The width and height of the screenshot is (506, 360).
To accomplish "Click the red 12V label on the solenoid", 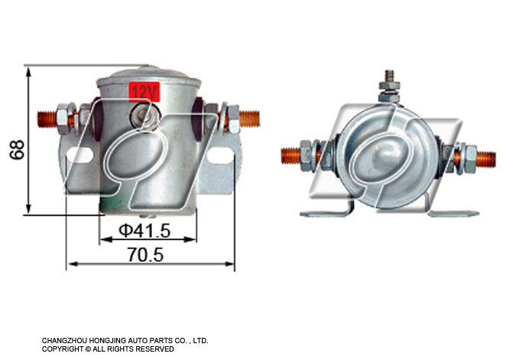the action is coord(144,92).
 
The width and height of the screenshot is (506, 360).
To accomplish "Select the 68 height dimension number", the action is coord(17,150).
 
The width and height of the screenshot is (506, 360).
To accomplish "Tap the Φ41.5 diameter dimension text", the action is coord(144,230).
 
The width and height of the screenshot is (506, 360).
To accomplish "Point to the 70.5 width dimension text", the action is coord(145,255).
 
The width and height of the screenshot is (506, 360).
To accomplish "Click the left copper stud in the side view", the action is coord(47,119).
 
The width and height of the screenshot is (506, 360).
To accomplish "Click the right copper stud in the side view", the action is coord(249,118).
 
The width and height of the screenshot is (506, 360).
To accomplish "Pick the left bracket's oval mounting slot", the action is coord(79,155).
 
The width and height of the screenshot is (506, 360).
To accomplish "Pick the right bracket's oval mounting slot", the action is coord(220,155).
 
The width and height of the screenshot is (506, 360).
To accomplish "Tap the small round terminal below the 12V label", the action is coord(145,115).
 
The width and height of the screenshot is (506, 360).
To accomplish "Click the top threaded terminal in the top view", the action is coord(390,86).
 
